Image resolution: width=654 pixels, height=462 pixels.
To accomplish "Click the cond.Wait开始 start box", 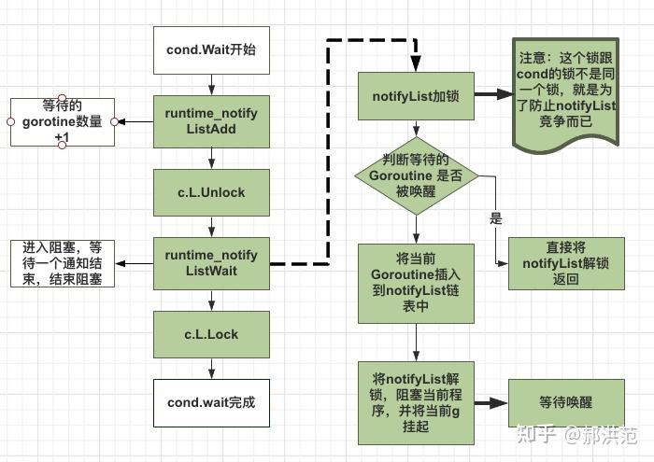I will click(x=211, y=50).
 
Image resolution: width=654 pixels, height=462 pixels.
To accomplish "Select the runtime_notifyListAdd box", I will click(x=211, y=121).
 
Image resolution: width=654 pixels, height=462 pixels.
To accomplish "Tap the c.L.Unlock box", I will click(x=211, y=192).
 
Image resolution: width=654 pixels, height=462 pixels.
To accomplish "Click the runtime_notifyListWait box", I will click(x=211, y=262).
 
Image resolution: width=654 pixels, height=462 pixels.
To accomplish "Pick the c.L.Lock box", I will click(x=211, y=333).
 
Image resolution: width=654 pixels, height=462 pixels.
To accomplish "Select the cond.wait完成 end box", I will click(x=211, y=403).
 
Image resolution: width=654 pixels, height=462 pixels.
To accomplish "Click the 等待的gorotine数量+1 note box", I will click(x=62, y=121).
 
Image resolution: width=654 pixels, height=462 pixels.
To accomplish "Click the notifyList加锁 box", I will click(x=416, y=94).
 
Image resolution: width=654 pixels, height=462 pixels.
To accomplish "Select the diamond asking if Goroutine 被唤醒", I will click(x=416, y=175).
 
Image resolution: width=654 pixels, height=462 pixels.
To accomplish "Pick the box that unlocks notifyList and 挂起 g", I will click(x=416, y=402).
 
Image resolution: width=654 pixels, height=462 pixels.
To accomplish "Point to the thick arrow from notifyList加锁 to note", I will click(x=492, y=94).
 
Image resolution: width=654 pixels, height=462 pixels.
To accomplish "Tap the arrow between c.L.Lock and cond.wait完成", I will click(x=211, y=368).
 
